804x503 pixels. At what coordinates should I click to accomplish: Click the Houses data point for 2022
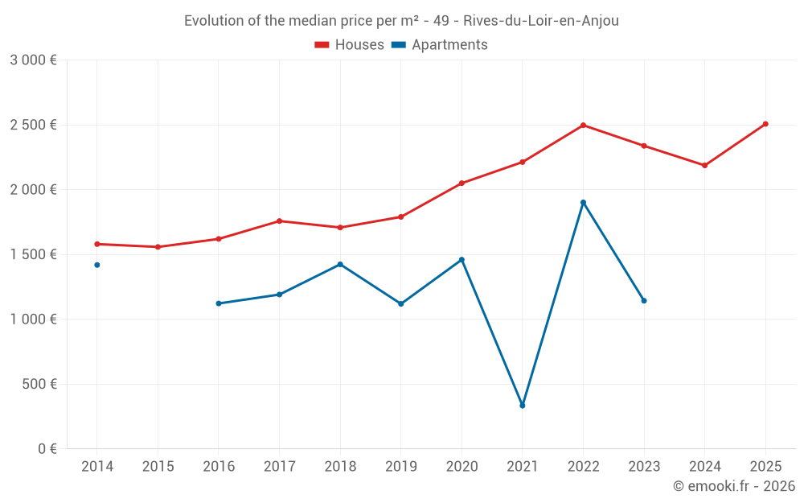tap(583, 126)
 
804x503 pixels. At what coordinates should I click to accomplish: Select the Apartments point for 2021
tap(523, 406)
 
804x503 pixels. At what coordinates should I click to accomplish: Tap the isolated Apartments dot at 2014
tap(97, 265)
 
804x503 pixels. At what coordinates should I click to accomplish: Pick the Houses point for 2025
tap(765, 124)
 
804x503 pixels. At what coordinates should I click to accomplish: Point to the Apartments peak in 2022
tap(583, 202)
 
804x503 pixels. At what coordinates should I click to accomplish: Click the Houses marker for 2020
tap(461, 183)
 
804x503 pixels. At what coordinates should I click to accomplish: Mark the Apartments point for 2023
tap(644, 301)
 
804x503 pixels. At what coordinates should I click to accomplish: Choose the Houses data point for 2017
tap(279, 221)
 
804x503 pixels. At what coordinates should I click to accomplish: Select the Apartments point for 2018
tap(340, 264)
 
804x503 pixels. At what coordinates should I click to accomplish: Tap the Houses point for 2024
tap(705, 166)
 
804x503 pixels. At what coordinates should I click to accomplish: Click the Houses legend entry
tap(350, 45)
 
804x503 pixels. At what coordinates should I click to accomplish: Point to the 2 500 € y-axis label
tap(33, 125)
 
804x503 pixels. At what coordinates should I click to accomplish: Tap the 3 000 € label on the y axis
tap(33, 60)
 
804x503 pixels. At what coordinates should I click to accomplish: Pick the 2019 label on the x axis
tap(400, 467)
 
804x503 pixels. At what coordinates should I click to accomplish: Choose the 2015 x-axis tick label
tap(158, 467)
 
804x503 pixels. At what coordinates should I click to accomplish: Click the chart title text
tap(401, 21)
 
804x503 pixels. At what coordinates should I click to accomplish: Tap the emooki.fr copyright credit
tap(733, 486)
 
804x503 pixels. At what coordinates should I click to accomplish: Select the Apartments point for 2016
tap(219, 303)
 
